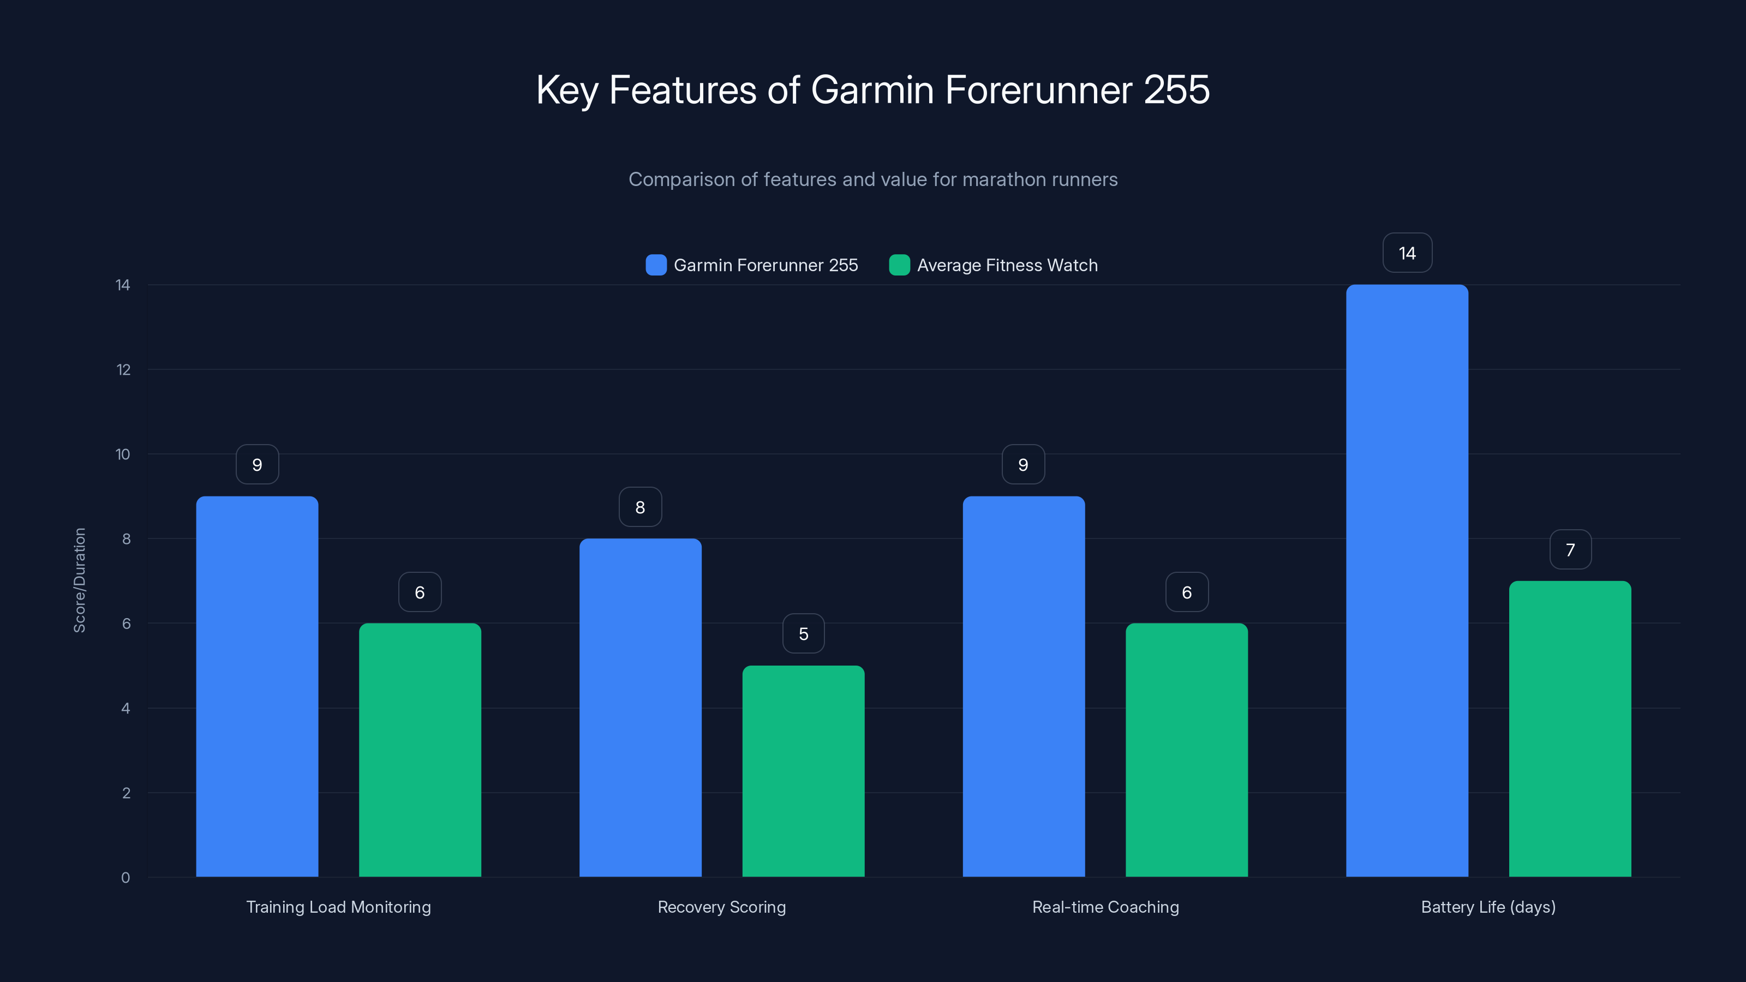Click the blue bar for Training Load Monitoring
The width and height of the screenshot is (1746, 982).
257,686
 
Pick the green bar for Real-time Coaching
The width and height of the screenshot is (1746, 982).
1186,750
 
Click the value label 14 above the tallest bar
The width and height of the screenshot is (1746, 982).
1407,253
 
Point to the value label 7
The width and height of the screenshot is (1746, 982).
1570,549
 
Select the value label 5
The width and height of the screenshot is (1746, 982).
803,633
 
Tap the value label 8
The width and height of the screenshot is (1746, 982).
640,507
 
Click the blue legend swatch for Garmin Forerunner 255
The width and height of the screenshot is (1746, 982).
655,265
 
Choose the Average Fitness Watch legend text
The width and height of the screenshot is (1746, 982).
1007,265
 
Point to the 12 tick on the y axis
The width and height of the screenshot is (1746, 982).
123,369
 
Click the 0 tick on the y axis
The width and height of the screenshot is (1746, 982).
125,878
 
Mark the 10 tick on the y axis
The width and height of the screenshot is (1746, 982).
123,454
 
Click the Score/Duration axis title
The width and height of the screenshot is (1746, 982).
79,580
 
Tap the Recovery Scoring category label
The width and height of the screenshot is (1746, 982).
721,907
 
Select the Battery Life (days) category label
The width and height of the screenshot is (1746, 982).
1488,907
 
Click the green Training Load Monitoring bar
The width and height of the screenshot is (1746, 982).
420,750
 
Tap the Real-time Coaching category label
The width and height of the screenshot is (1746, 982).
1105,907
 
